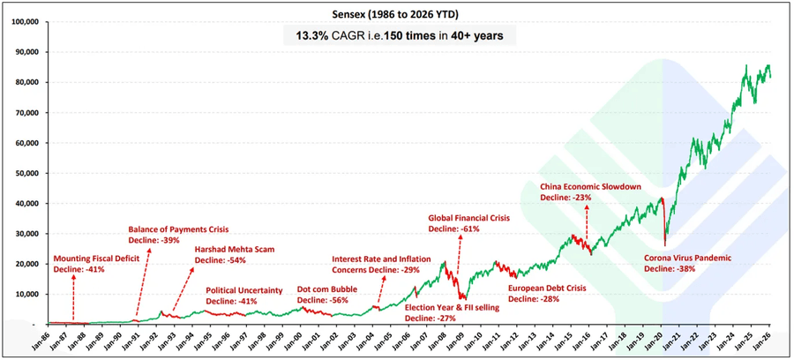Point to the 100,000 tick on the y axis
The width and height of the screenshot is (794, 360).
pos(24,21)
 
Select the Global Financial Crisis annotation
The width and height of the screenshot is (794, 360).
pos(468,217)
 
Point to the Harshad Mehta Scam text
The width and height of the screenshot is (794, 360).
pos(235,250)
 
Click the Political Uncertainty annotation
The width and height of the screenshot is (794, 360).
pos(243,290)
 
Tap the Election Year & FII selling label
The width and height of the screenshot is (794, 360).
pos(452,307)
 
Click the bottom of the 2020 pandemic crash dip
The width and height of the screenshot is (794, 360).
pos(663,244)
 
